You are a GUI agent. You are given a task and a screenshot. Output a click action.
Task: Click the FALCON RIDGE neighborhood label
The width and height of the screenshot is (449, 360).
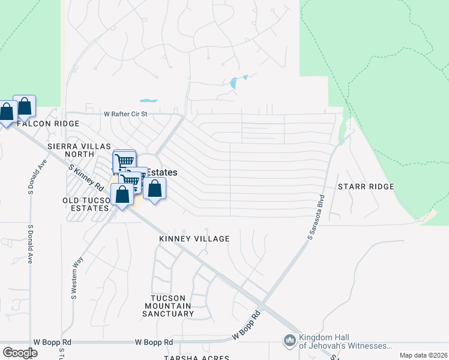click(x=48, y=123)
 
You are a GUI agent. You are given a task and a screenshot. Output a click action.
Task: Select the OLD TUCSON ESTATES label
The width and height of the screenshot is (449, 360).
click(x=86, y=204)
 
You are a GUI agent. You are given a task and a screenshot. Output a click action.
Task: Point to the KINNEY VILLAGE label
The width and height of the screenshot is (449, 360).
click(x=194, y=239)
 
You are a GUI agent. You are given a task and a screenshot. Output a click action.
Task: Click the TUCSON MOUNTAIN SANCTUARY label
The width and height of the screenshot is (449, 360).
click(x=172, y=305)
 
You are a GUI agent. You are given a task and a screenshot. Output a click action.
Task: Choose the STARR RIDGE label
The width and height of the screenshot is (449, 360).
click(x=366, y=187)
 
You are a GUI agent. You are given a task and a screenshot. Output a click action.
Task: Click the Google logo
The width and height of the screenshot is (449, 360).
click(x=20, y=353)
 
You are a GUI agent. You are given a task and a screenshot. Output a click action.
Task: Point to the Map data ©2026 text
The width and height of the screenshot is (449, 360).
click(x=423, y=355)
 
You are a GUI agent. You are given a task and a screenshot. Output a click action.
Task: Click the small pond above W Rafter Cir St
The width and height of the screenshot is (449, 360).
click(x=148, y=101)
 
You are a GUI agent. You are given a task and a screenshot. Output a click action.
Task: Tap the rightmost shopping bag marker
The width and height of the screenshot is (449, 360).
click(x=154, y=188)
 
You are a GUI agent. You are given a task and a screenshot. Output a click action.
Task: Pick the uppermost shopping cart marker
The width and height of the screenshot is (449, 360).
click(x=124, y=161)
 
